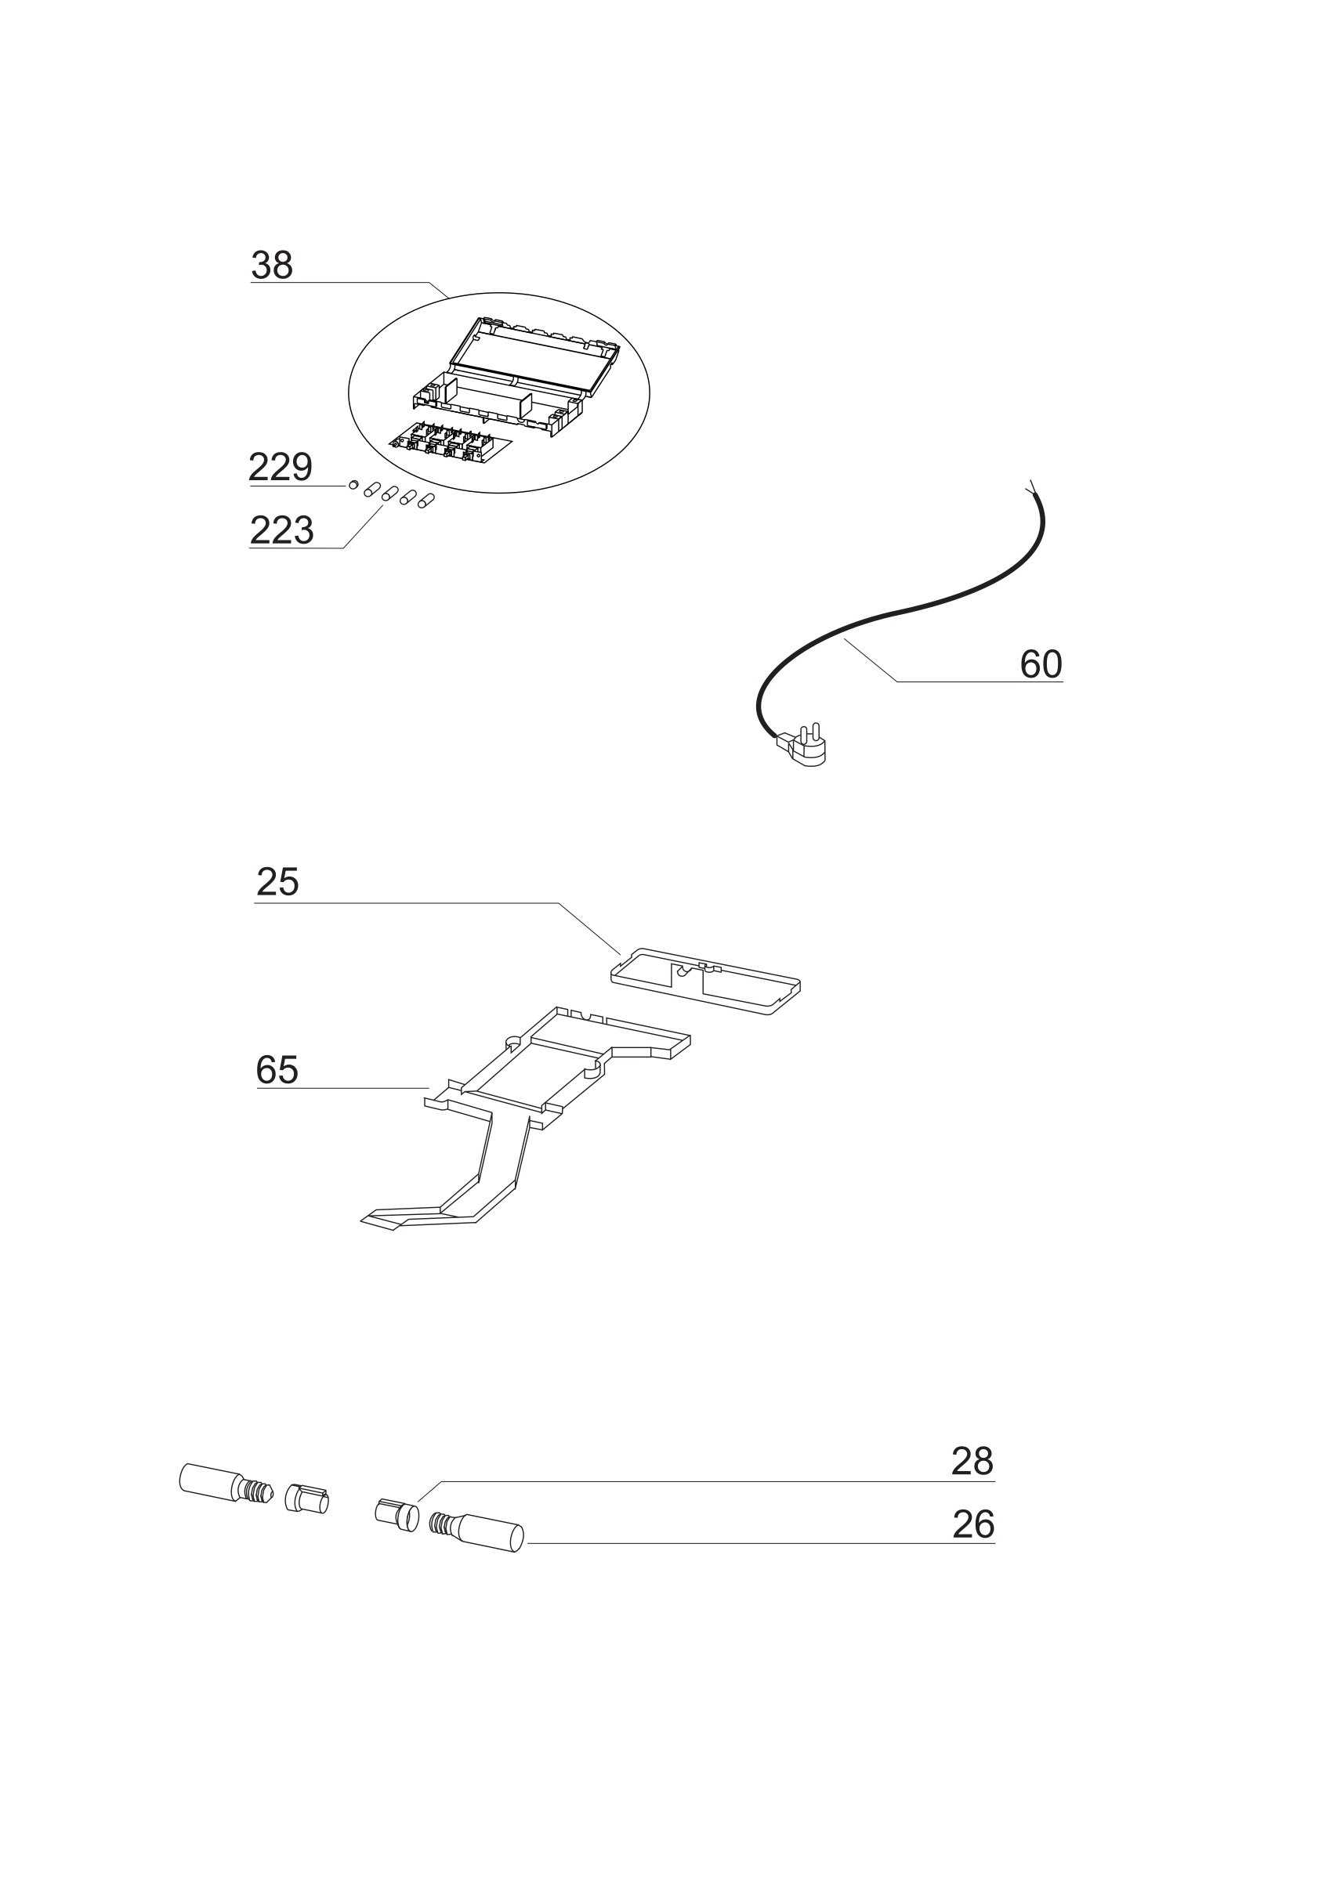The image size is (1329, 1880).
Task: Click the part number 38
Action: (272, 266)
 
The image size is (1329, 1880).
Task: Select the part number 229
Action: (281, 468)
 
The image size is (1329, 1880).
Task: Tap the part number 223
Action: (281, 530)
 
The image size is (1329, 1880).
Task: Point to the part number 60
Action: (1041, 664)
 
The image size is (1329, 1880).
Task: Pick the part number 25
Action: (277, 883)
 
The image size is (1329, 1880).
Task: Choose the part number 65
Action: (277, 1069)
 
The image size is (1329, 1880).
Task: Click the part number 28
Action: (972, 1462)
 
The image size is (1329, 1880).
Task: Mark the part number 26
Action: (972, 1524)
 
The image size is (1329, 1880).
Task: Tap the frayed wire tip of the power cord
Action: (1030, 486)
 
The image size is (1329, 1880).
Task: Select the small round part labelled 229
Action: (353, 485)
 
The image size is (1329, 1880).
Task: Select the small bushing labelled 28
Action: (397, 1514)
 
